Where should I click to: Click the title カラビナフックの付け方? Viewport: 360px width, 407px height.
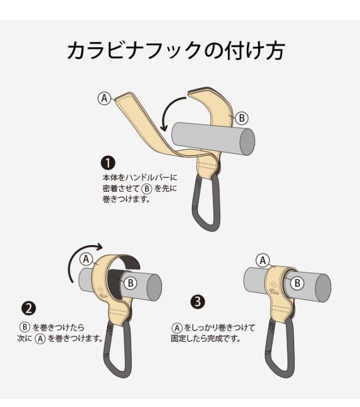[176, 50]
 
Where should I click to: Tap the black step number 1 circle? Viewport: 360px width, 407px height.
[108, 163]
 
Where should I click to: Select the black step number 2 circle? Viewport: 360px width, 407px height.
[28, 309]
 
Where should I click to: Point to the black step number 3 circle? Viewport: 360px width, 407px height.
[197, 301]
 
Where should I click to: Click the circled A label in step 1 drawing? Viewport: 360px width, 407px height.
[105, 98]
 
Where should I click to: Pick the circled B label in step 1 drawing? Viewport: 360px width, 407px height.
[242, 118]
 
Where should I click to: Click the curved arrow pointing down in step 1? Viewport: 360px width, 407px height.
[170, 114]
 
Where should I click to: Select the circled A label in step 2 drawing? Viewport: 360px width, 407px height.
[86, 259]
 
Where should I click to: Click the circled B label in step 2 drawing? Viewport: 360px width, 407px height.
[130, 283]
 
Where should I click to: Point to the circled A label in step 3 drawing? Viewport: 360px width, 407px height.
[263, 260]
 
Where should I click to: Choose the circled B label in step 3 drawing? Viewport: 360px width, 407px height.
[297, 283]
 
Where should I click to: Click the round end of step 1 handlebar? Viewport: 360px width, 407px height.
[247, 142]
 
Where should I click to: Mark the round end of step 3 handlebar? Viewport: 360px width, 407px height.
[323, 288]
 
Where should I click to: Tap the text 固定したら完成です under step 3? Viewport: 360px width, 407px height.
[206, 338]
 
